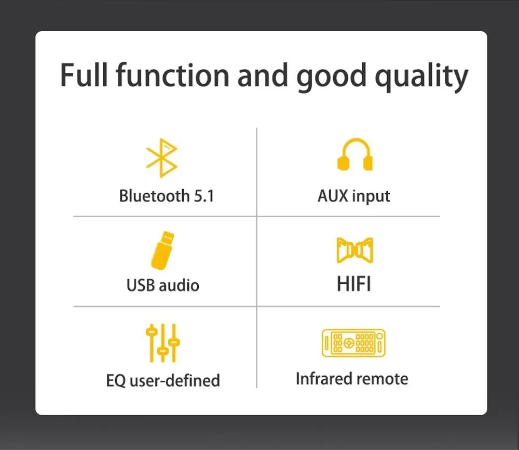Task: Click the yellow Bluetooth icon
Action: pyautogui.click(x=161, y=158)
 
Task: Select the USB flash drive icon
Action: pyautogui.click(x=162, y=250)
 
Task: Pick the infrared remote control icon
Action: pyautogui.click(x=353, y=343)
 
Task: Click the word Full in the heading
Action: pyautogui.click(x=84, y=75)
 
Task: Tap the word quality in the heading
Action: pyautogui.click(x=421, y=78)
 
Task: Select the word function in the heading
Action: pyautogui.click(x=172, y=75)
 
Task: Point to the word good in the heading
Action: pyautogui.click(x=331, y=78)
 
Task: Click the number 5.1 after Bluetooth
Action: pyautogui.click(x=204, y=196)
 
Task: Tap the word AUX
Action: pyautogui.click(x=333, y=196)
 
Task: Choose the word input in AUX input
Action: pyautogui.click(x=371, y=196)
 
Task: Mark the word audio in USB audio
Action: pyautogui.click(x=179, y=285)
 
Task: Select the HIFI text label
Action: pyautogui.click(x=354, y=284)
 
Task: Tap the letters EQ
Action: pyautogui.click(x=116, y=380)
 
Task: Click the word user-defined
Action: pyautogui.click(x=175, y=380)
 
